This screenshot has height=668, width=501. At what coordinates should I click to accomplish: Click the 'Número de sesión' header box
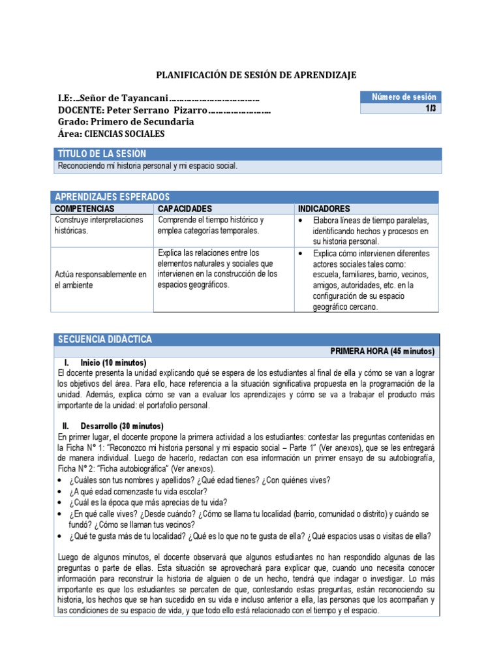[401, 97]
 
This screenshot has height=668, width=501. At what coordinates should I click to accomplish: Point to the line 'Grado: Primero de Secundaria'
[125, 122]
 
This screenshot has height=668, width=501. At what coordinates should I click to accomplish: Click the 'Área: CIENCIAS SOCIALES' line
[111, 134]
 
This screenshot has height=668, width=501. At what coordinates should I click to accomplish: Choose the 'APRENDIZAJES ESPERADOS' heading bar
[113, 197]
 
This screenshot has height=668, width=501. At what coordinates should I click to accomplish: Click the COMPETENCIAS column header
[84, 208]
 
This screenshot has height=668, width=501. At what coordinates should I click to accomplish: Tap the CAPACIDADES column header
[185, 208]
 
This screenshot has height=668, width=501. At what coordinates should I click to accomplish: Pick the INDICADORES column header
[324, 208]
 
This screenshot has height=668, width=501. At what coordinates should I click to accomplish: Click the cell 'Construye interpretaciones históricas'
[99, 226]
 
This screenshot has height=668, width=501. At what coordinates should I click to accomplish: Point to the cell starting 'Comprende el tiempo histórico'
[211, 225]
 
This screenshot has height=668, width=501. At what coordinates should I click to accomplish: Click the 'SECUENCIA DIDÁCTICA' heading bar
[105, 340]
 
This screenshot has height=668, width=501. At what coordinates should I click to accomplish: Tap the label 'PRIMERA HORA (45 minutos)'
[382, 351]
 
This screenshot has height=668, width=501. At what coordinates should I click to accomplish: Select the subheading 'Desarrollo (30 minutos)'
[121, 425]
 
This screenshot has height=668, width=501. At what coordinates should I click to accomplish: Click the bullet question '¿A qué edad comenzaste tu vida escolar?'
[138, 491]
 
